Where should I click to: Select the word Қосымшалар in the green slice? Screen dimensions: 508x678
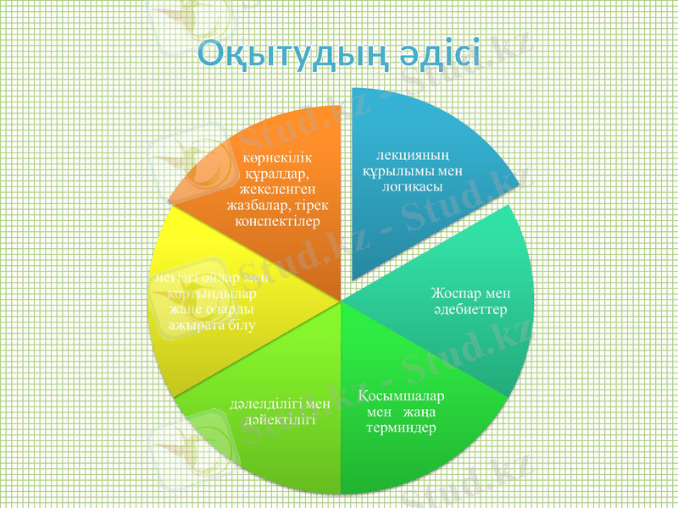[402, 395]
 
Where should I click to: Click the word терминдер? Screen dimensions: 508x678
[402, 428]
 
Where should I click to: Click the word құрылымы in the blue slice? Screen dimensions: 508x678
[399, 171]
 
